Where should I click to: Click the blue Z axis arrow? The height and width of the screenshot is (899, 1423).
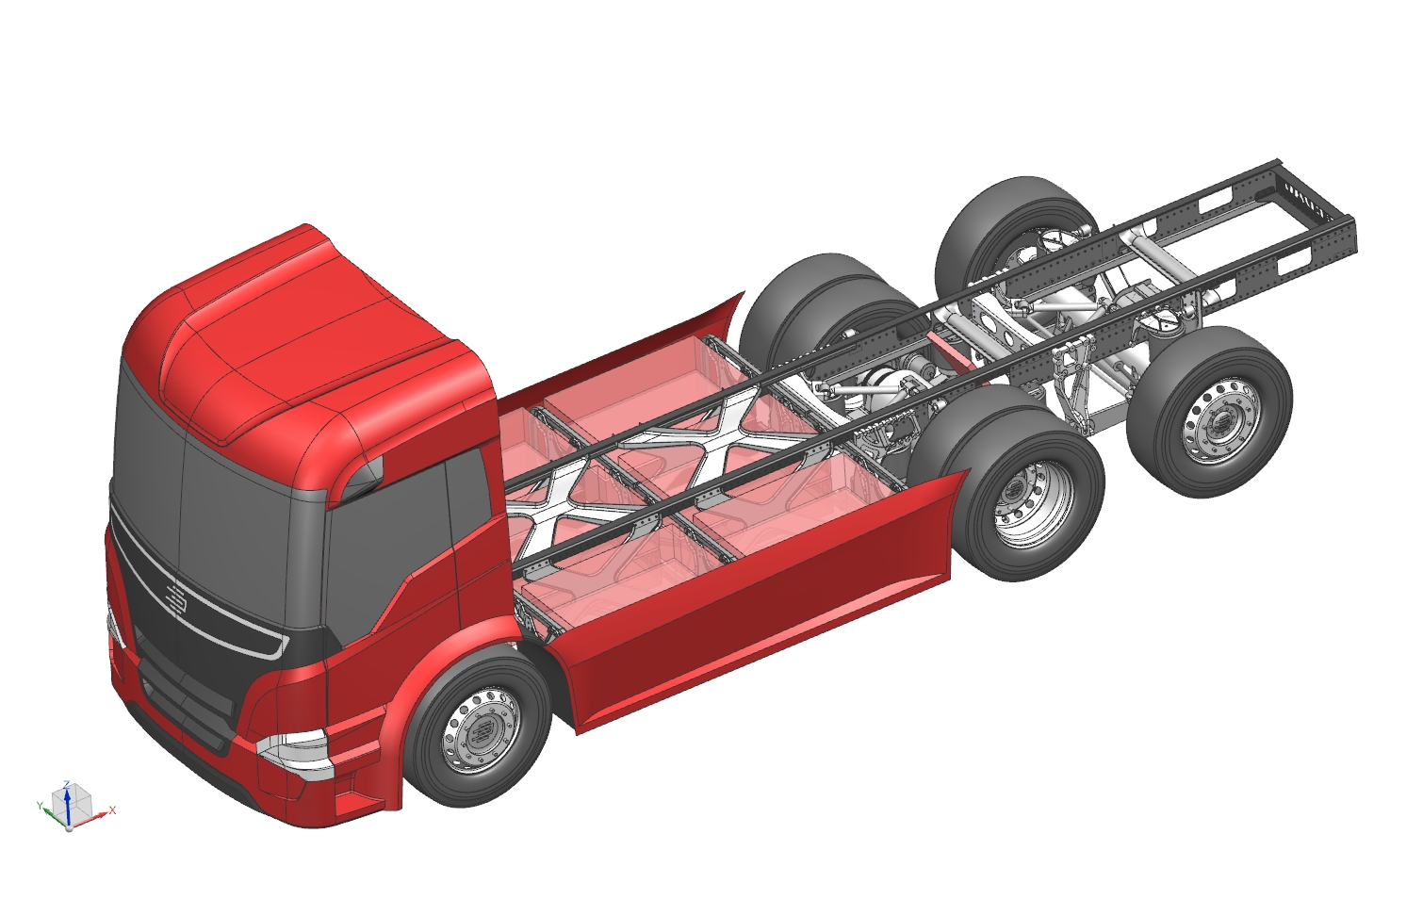tap(66, 805)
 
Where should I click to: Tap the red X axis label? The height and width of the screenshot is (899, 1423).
tap(112, 810)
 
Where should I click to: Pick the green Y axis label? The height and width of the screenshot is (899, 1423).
tap(40, 806)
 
